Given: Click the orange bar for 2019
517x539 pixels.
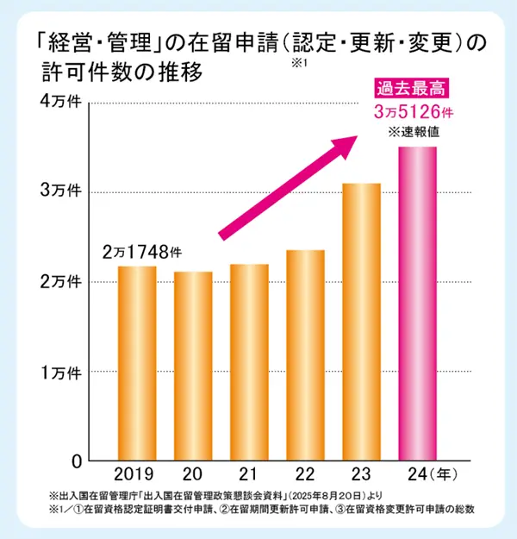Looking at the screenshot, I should [x=137, y=363].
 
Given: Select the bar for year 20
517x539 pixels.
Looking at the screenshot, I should [x=193, y=366].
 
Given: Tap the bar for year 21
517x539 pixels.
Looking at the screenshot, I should [x=249, y=362].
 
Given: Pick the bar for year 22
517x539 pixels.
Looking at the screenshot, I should [x=305, y=354].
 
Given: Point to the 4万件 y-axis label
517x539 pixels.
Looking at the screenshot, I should [x=62, y=102].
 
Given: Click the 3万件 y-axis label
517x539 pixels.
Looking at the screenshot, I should [x=62, y=191].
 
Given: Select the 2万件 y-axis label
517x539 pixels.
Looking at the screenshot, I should [x=62, y=281].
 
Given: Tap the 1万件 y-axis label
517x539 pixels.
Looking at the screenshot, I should [x=62, y=372].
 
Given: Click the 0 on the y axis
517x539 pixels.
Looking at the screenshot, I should [x=77, y=461].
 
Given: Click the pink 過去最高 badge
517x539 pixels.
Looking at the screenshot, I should [x=413, y=88].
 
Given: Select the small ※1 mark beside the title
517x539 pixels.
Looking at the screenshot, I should [x=299, y=64].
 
